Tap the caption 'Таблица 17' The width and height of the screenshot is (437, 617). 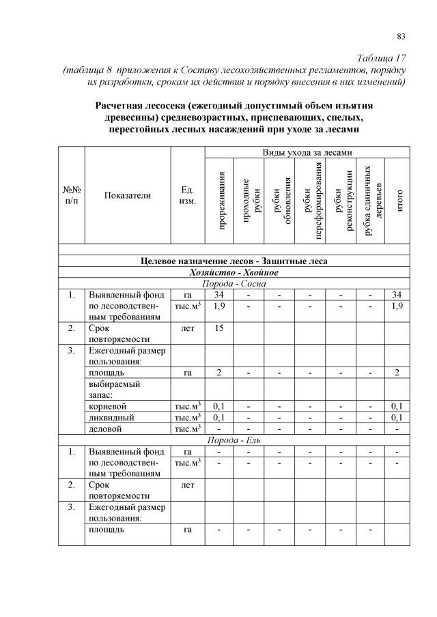[x=382, y=58]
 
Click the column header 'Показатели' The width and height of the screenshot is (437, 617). [x=127, y=195]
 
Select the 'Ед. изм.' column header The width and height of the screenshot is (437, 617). [x=187, y=195]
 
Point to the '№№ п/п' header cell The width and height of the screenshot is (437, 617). [x=72, y=195]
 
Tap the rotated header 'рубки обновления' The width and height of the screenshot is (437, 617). [x=279, y=201]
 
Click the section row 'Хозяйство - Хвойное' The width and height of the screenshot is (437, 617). [x=234, y=272]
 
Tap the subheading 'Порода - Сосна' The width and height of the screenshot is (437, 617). [x=234, y=283]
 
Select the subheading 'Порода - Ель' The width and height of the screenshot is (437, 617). [x=234, y=440]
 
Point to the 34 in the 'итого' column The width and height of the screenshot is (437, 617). [x=398, y=295]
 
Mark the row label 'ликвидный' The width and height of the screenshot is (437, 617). [x=111, y=416]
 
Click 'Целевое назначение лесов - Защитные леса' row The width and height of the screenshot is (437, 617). [x=234, y=261]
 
